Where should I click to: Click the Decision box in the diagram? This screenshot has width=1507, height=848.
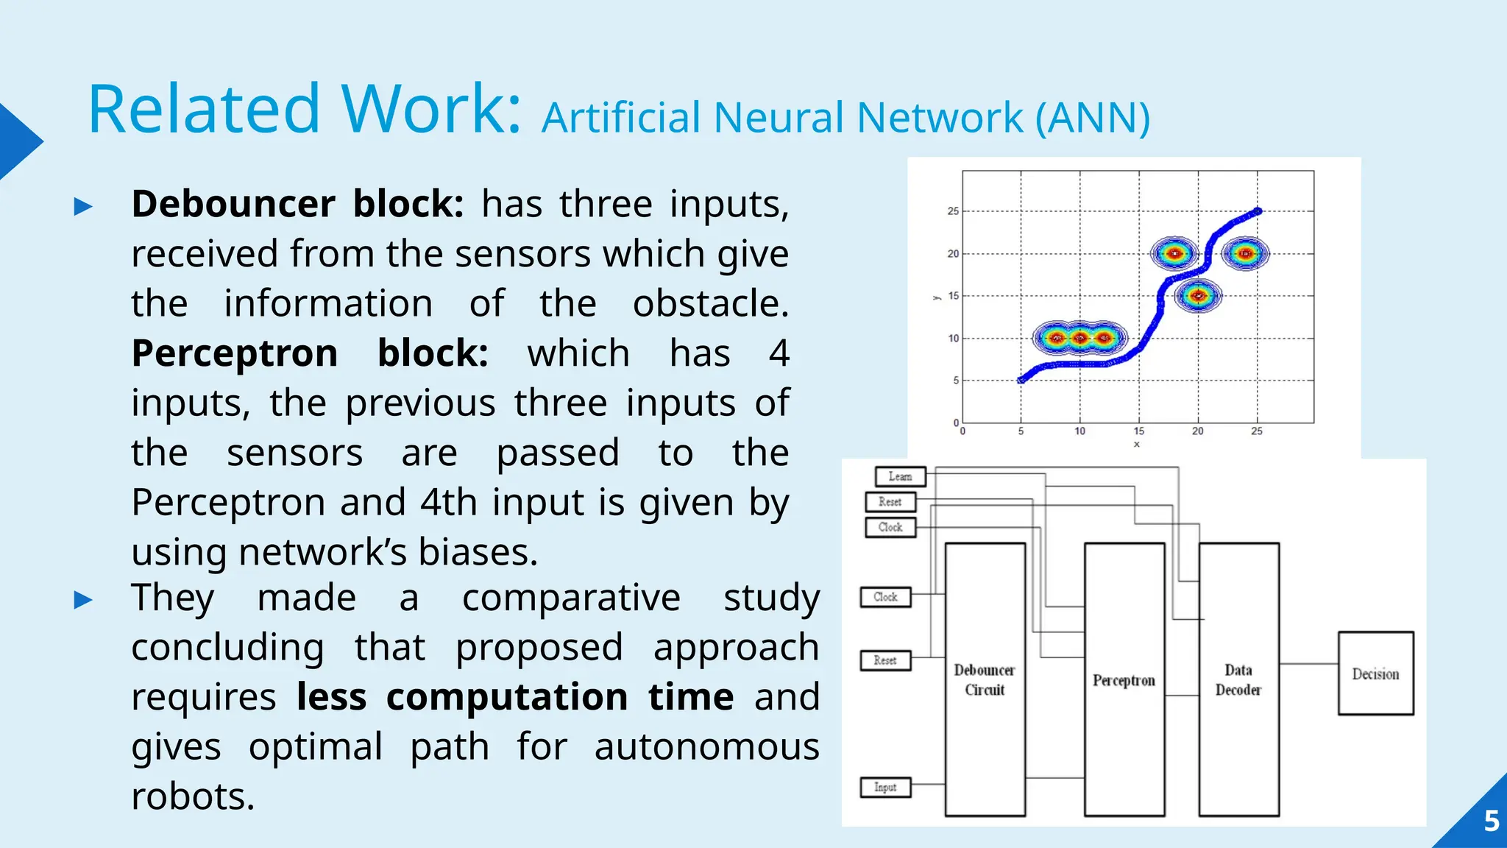1375,673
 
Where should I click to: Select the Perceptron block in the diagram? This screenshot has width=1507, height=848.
1124,679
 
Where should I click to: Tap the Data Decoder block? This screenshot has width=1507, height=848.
1238,679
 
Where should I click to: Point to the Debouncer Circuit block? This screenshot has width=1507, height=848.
985,679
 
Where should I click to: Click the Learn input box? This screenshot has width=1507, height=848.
900,476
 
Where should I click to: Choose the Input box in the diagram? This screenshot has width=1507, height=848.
885,787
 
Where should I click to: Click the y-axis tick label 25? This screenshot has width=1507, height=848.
953,211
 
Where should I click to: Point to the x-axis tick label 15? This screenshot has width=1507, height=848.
1138,431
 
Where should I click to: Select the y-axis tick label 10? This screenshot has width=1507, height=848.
953,339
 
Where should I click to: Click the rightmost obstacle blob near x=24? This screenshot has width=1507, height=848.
1245,254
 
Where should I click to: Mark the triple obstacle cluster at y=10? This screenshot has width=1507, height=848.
1079,339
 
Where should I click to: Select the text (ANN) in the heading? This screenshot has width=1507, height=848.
1093,118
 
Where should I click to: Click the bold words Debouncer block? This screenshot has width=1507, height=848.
297,204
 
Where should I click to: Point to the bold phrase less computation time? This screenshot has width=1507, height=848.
515,696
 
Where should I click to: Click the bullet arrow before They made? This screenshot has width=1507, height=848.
83,600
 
